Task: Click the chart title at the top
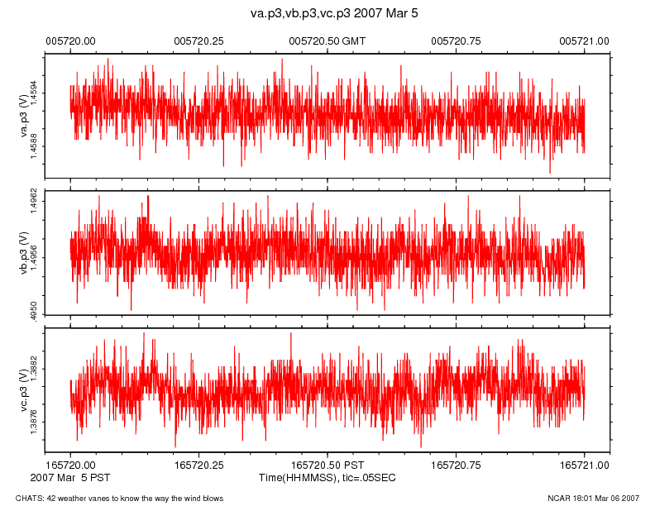click(x=327, y=13)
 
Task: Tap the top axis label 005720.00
click(x=70, y=41)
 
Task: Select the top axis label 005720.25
click(x=199, y=41)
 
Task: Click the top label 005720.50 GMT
click(x=327, y=41)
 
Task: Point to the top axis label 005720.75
click(x=457, y=41)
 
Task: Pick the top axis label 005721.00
click(x=585, y=41)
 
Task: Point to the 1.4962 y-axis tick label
click(x=34, y=203)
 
